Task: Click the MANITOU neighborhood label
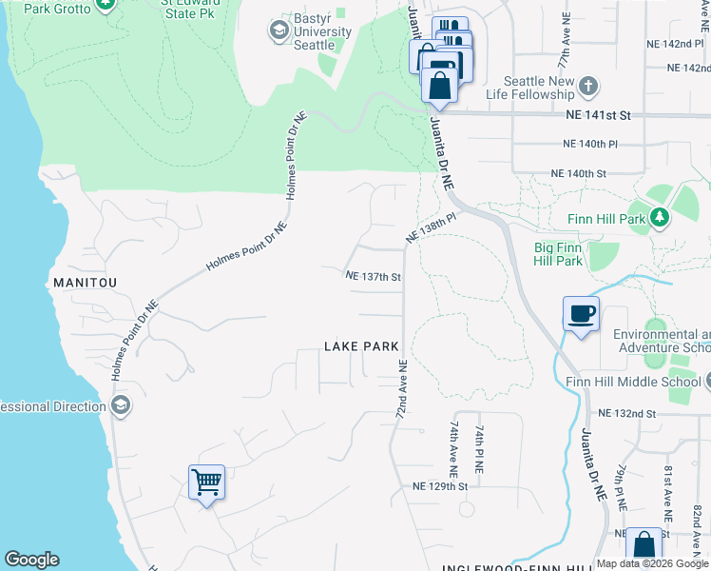click(84, 284)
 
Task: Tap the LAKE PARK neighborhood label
click(360, 346)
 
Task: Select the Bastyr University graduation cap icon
click(279, 31)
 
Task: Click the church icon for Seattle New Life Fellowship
click(588, 88)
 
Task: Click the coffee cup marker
click(580, 313)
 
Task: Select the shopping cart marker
click(206, 482)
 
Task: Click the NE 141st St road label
click(598, 114)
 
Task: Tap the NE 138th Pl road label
click(432, 228)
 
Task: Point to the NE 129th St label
click(440, 486)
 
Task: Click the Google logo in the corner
click(31, 560)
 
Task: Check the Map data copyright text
click(652, 563)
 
